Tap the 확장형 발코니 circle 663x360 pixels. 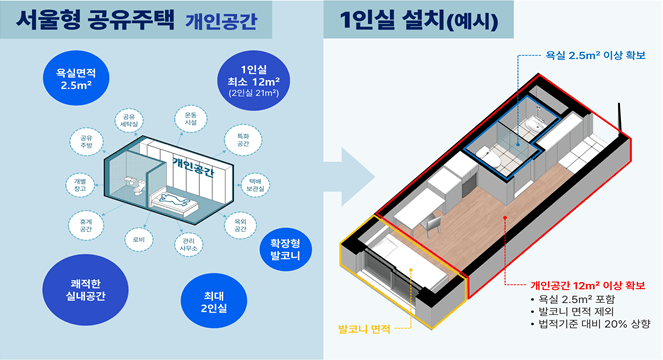point(287,247)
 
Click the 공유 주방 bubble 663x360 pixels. point(83,141)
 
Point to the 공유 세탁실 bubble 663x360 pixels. point(127,122)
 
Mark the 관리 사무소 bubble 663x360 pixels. point(188,245)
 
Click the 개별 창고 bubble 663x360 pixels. point(80,183)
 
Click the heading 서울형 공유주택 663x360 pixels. point(97,21)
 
